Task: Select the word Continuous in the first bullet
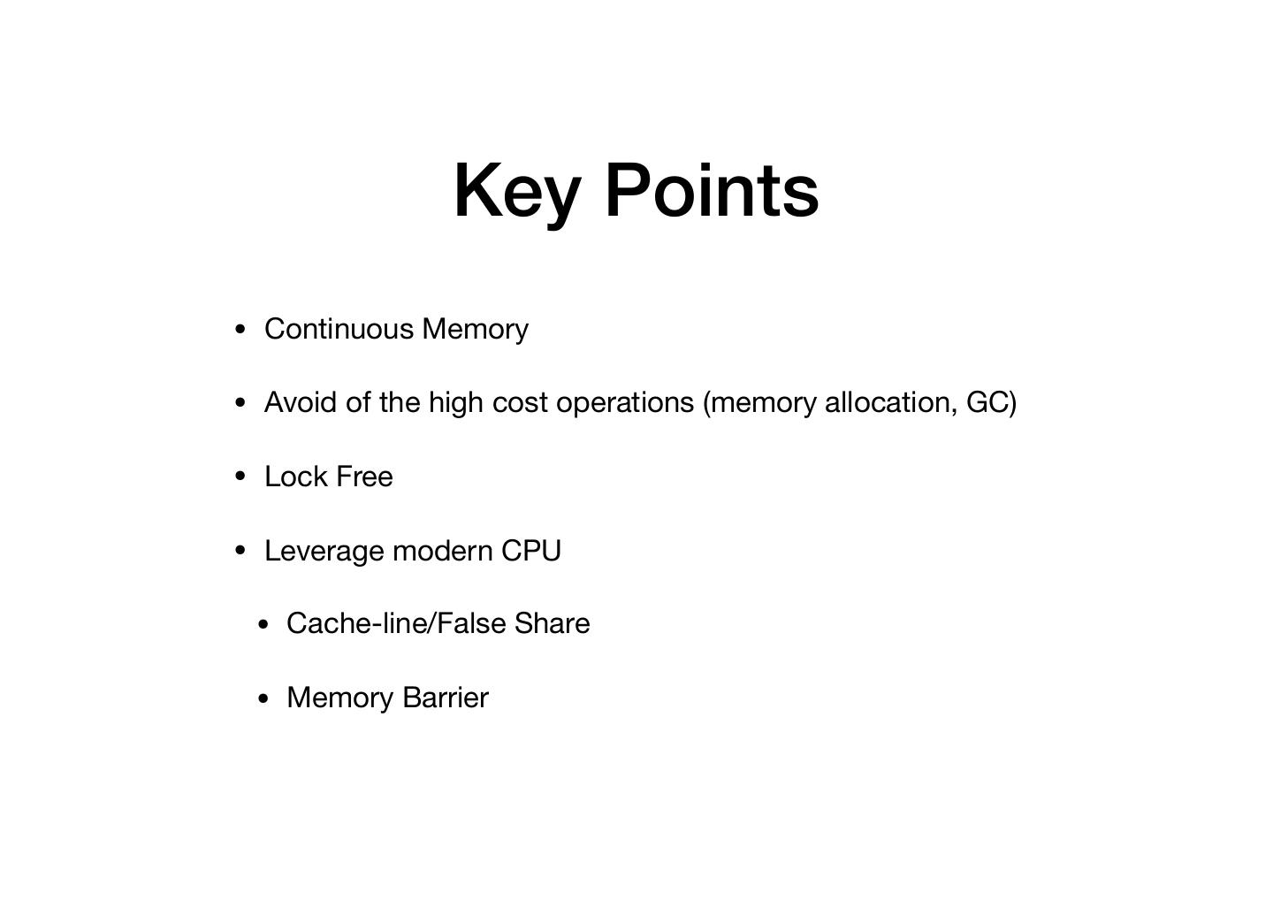339,329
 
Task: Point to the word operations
625,402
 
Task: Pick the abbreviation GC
988,402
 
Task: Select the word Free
364,477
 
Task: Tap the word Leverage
324,551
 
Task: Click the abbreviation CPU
530,551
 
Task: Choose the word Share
552,623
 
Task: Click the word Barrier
445,698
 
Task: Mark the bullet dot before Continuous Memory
241,330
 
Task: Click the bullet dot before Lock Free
241,477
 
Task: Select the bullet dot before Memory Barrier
263,698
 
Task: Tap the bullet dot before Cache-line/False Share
263,624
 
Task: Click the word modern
442,551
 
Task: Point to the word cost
521,402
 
